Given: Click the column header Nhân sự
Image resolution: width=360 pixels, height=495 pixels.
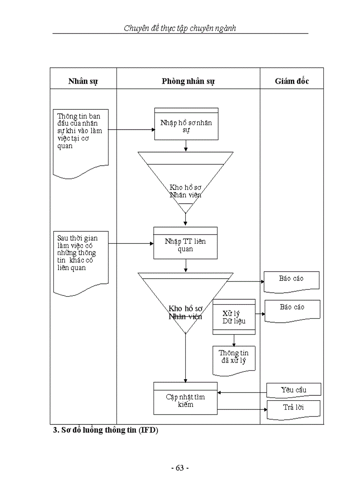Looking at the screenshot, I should pos(83,81).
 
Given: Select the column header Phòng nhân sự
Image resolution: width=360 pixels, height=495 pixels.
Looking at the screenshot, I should pos(188,81).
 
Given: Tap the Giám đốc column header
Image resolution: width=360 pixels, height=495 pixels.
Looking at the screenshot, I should pos(292,81).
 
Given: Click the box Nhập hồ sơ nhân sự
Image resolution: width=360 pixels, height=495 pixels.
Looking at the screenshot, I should pos(186,126).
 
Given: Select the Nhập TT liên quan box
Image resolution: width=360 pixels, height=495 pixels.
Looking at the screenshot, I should pos(185,245).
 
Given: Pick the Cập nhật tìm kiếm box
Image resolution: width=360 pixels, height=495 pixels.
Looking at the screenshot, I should pos(185,400).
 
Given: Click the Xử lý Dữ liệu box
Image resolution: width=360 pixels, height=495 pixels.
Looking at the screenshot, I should pos(234,317).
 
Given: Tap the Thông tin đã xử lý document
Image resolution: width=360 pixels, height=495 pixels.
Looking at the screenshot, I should pos(233,357).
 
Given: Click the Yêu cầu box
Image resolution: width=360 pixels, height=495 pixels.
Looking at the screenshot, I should pos(293,390).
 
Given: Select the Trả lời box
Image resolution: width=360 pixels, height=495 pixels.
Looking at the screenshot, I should pos(293,407).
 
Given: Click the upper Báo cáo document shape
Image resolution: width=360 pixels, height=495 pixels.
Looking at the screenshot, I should pos(292,281).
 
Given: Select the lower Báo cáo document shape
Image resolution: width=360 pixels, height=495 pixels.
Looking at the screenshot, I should pos(292,309).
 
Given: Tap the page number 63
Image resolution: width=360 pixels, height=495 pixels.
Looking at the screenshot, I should pos(180,468).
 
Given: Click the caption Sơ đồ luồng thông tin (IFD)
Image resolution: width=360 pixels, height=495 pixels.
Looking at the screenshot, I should pos(105,430).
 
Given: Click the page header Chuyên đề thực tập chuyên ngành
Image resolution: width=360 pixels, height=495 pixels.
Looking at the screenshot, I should pos(180,29).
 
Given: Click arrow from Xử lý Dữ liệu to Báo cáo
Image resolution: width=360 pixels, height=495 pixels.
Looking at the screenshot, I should pos(260,314).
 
